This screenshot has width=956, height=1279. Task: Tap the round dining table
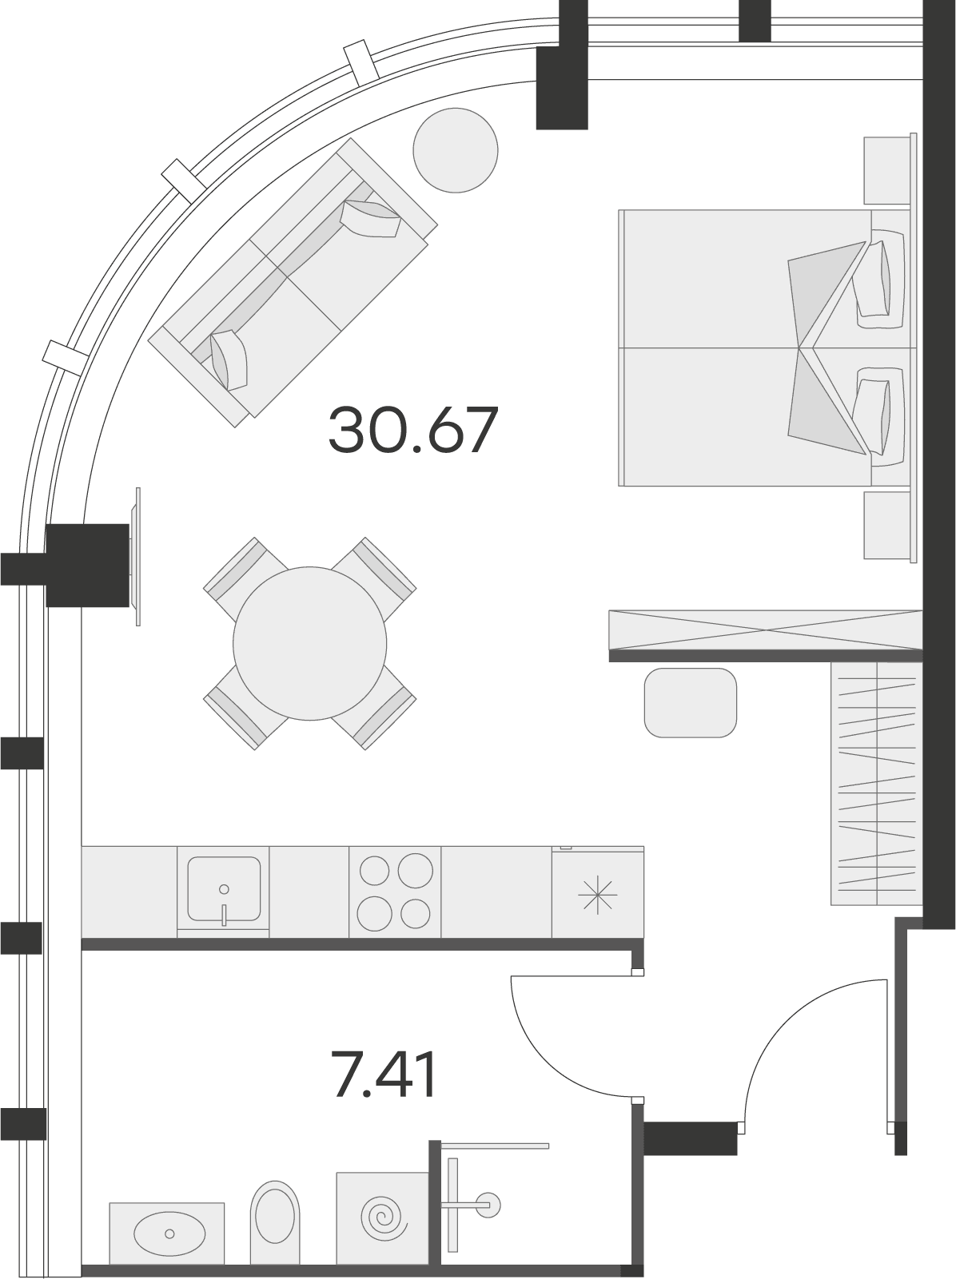[309, 643]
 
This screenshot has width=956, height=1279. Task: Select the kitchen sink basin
[224, 888]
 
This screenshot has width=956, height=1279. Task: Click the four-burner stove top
[395, 892]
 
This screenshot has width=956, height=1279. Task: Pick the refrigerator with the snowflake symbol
[598, 892]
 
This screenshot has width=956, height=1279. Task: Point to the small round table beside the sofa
[456, 150]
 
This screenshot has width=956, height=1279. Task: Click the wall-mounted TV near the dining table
[137, 557]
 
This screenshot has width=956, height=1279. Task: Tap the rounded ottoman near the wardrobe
[690, 703]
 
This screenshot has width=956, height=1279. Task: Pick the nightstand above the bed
[887, 171]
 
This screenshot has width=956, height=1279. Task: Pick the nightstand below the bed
[887, 525]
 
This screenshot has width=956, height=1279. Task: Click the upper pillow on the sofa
[371, 219]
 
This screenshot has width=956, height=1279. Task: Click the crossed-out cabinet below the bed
[766, 630]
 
